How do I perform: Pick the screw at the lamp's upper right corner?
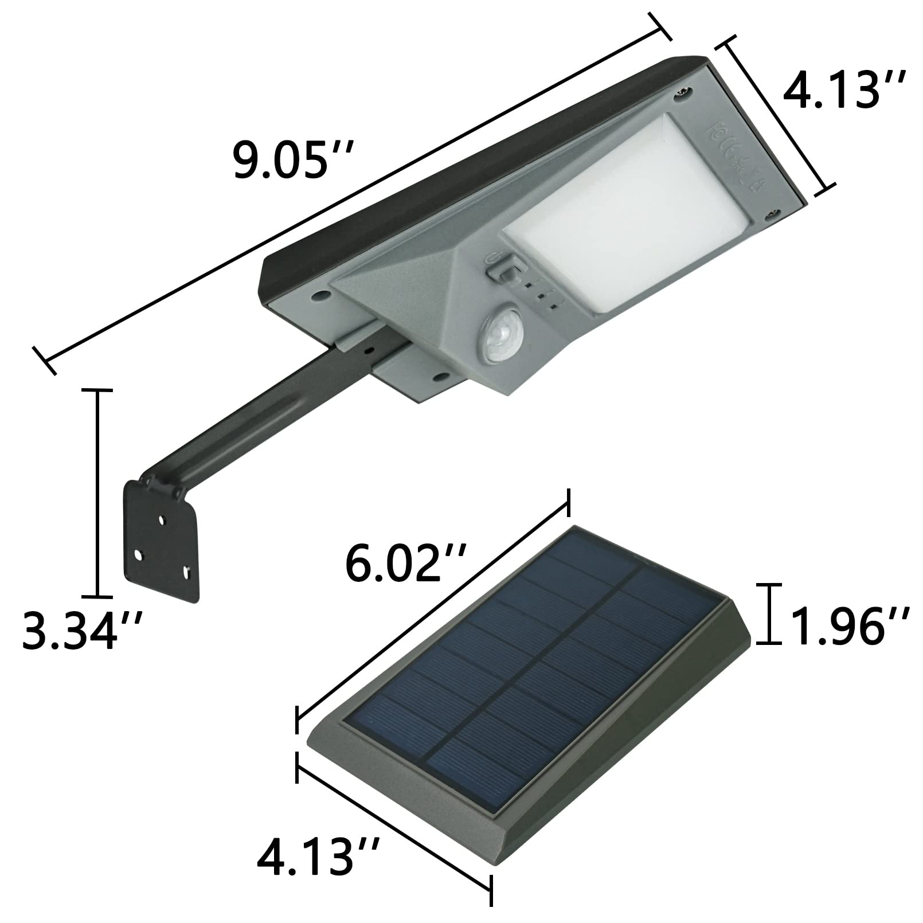[686, 92]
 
